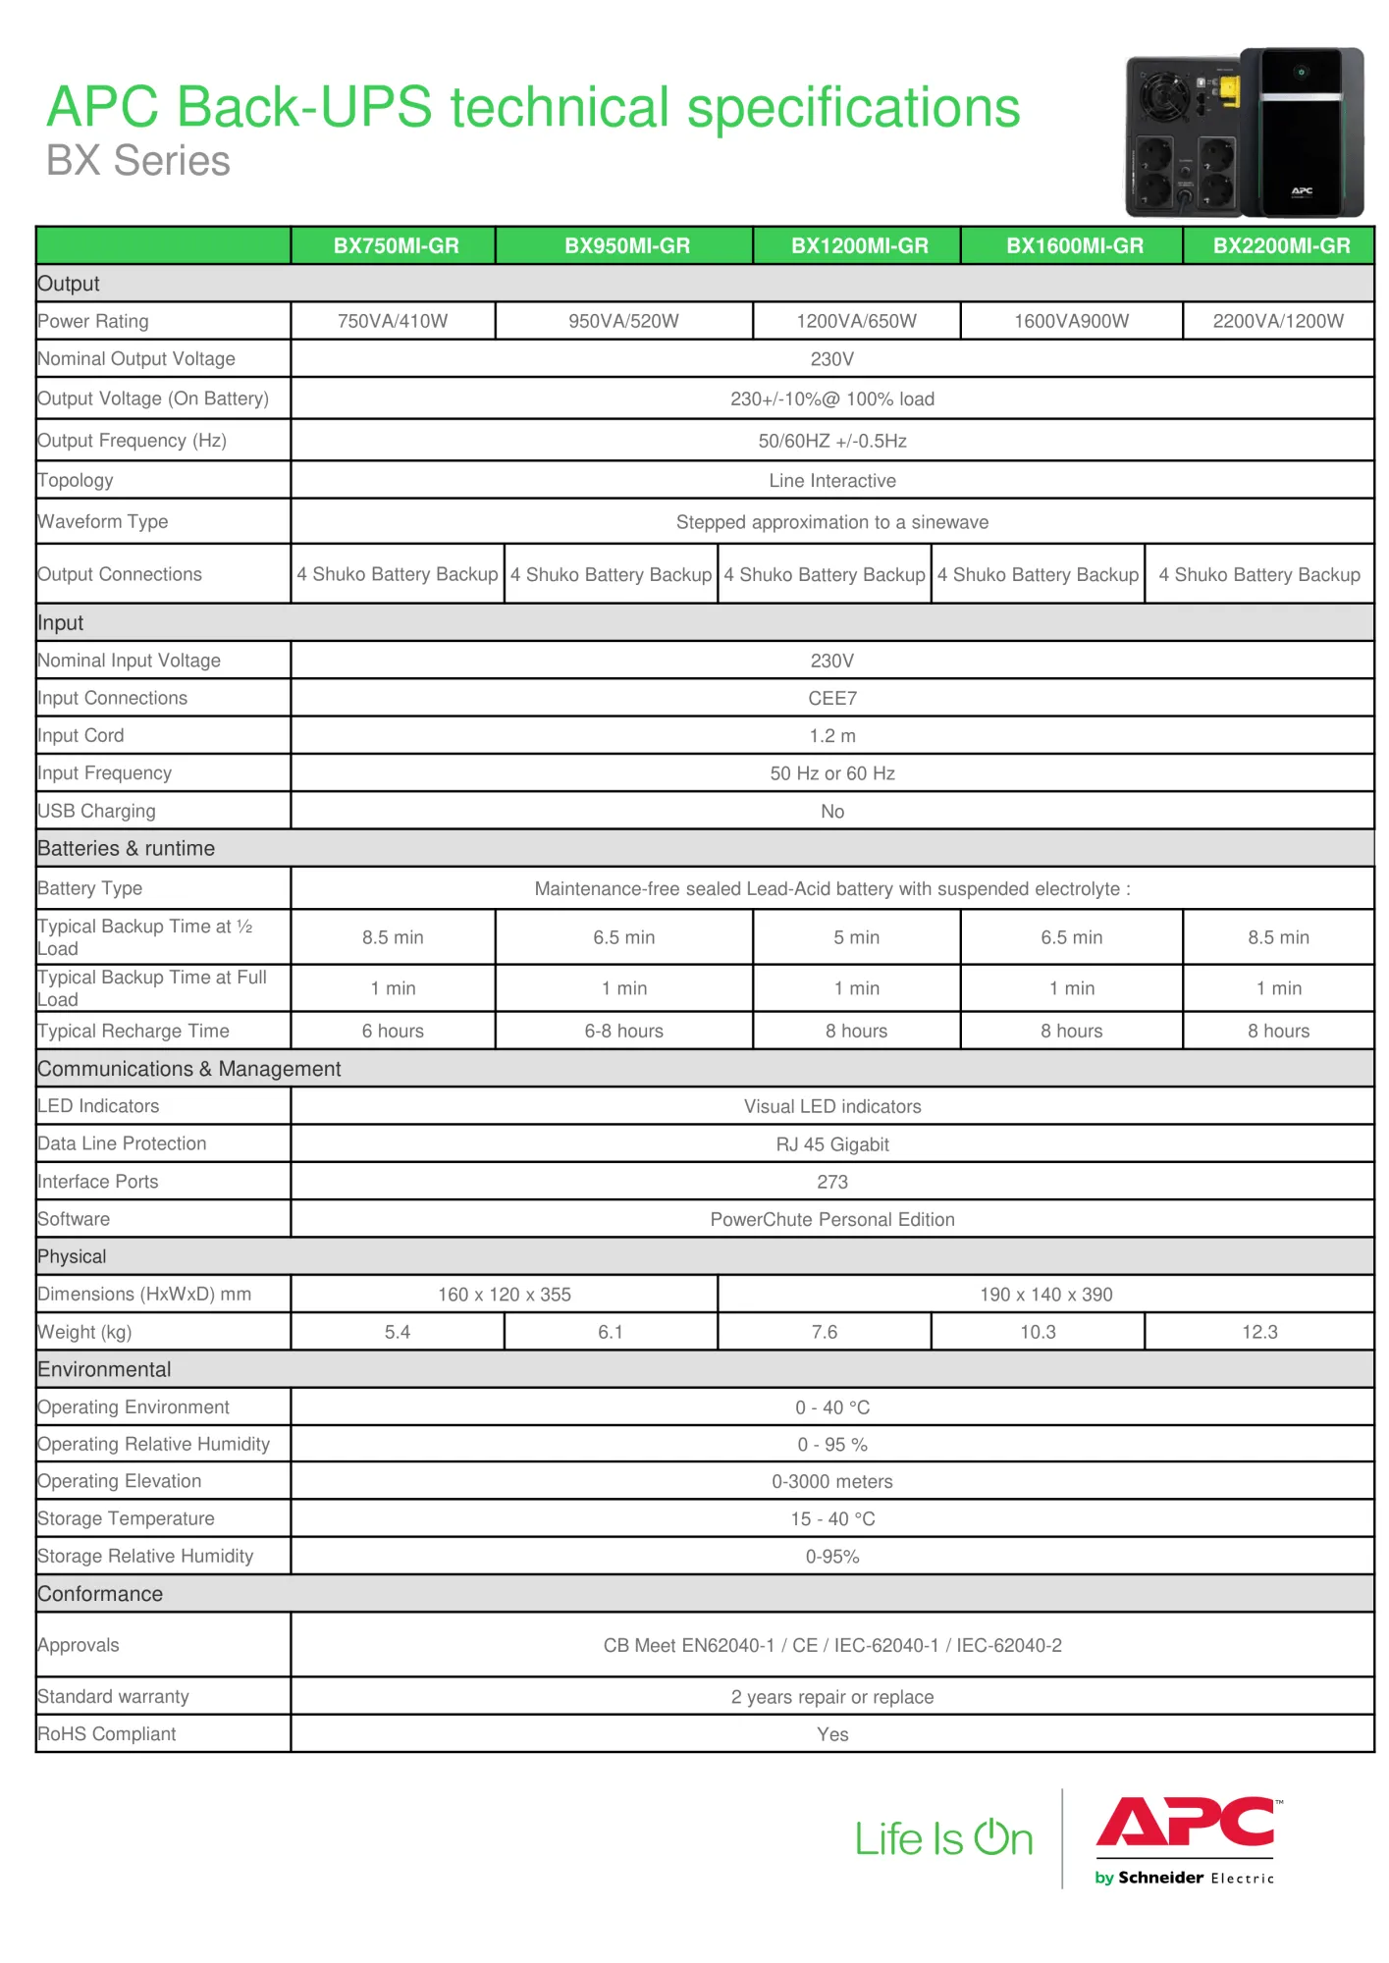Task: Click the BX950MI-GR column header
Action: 626,245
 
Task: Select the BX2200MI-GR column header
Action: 1281,245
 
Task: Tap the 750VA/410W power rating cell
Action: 393,321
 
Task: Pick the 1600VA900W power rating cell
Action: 1071,321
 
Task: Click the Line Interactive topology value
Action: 831,481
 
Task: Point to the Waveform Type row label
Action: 103,521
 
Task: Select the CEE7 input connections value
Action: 831,698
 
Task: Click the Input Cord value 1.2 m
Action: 831,735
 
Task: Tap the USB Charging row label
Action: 97,811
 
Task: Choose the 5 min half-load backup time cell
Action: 856,937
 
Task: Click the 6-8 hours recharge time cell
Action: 623,1031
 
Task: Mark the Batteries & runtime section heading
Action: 127,848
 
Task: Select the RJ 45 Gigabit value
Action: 831,1144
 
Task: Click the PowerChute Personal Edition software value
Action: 831,1219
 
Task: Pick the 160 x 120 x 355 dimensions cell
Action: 504,1295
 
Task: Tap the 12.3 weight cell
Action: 1259,1332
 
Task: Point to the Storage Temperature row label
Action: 127,1518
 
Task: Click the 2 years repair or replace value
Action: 831,1697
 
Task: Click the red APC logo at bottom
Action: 1185,1824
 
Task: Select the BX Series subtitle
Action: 138,161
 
